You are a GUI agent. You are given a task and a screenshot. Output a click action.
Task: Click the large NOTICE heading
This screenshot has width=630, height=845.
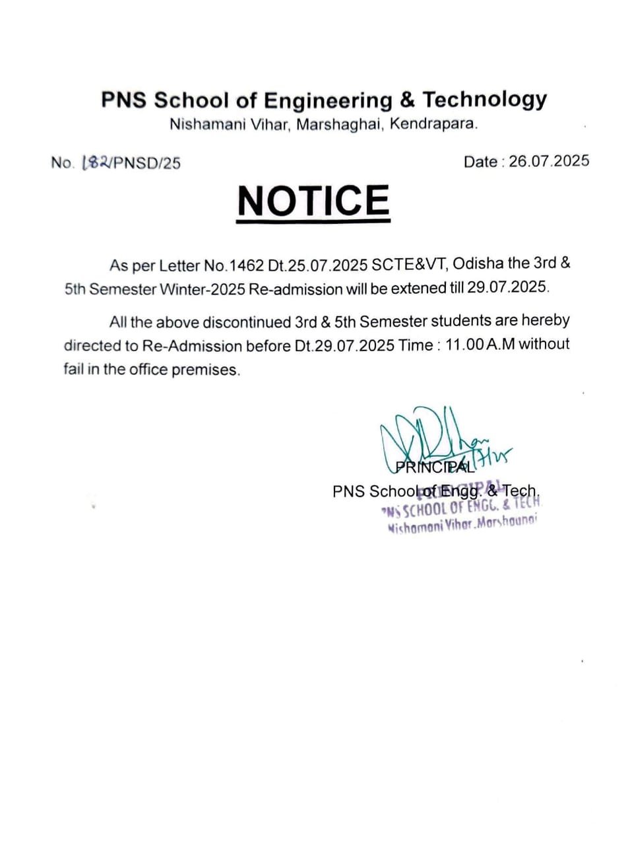313,201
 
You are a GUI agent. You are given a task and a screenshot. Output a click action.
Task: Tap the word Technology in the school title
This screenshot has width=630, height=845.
484,99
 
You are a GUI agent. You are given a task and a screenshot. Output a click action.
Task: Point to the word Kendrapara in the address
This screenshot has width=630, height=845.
433,123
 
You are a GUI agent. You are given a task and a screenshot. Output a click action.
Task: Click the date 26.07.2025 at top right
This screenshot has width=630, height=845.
549,161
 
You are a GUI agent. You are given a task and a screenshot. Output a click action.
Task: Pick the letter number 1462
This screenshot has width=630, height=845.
245,265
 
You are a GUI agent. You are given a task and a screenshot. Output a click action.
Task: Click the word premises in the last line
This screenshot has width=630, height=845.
205,370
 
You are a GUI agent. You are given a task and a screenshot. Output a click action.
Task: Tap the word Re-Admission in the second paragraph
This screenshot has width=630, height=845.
192,346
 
